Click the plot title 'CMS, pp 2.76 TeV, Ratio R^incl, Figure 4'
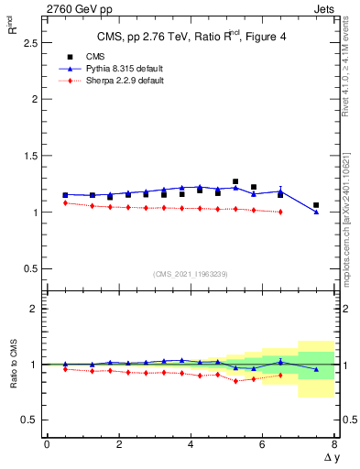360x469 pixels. coord(191,38)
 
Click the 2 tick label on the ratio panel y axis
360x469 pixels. coord(34,310)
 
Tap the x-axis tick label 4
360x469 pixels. coord(191,444)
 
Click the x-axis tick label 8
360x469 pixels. coord(334,444)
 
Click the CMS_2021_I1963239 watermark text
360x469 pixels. coord(191,274)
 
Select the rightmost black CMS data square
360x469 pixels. coord(316,205)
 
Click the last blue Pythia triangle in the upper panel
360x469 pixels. coord(316,213)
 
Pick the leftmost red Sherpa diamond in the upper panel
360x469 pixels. coord(65,202)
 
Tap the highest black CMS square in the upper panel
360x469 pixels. coord(235,181)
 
